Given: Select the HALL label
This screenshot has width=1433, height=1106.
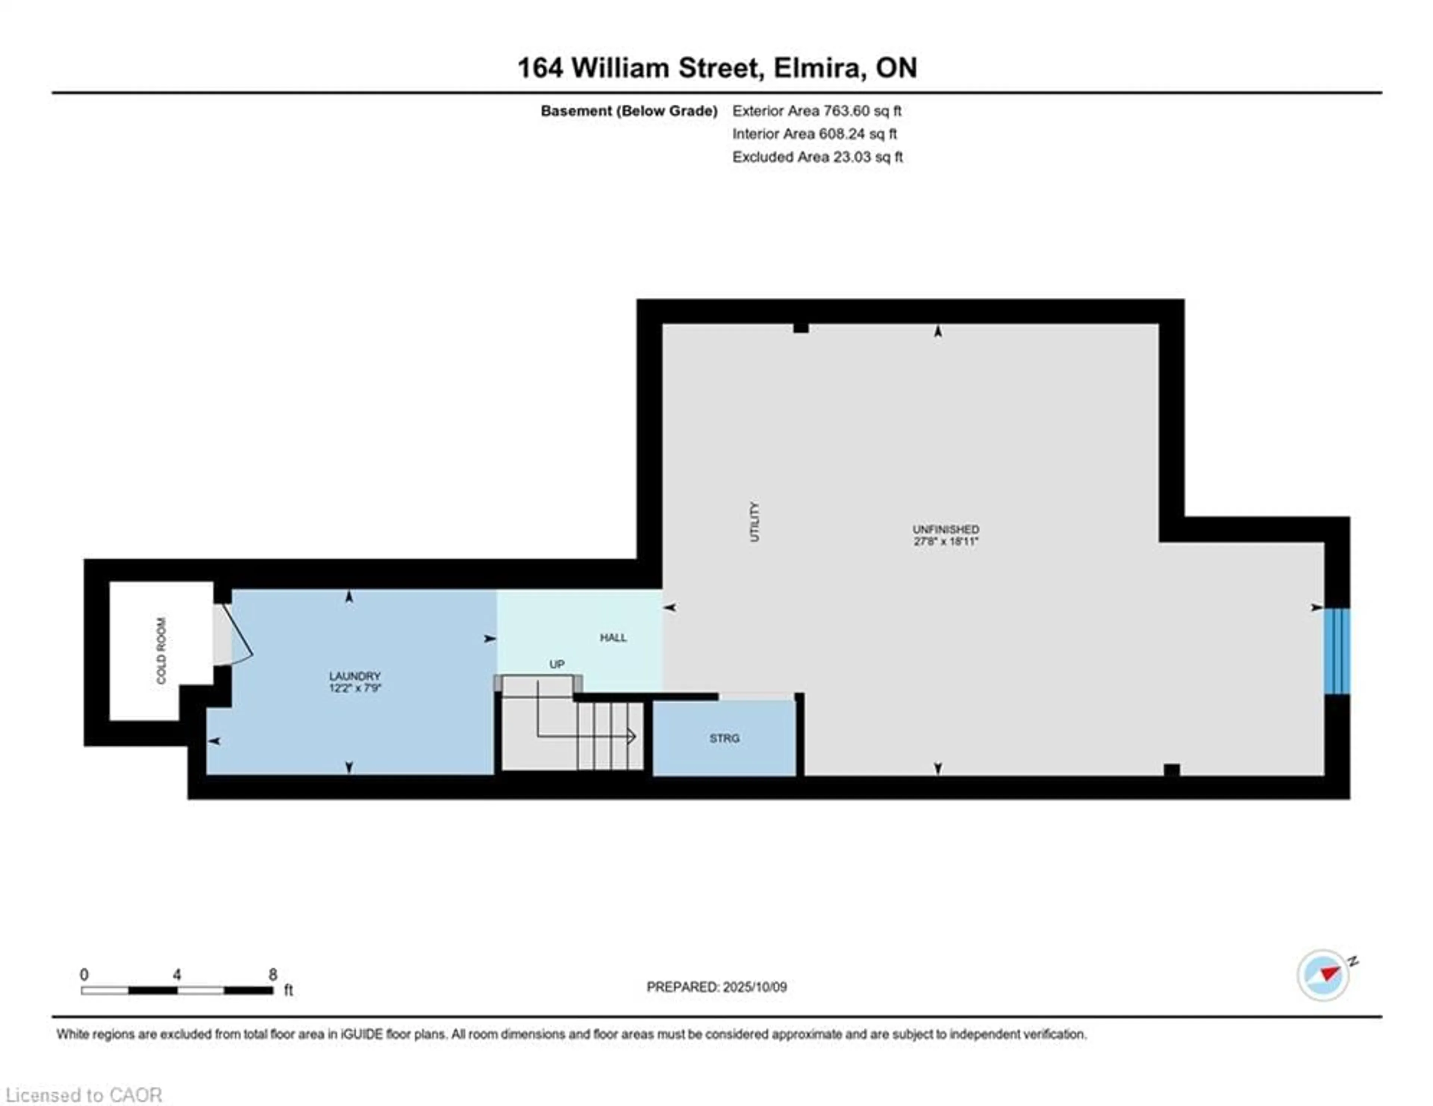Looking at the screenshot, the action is pyautogui.click(x=613, y=638).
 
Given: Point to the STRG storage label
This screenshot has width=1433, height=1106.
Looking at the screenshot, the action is pyautogui.click(x=724, y=739).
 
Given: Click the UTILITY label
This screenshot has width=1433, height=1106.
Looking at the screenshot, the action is pyautogui.click(x=755, y=522).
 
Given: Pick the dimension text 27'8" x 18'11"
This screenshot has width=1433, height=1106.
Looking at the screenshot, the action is pyautogui.click(x=946, y=541).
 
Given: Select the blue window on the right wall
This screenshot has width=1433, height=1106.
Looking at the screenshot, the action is pyautogui.click(x=1337, y=651).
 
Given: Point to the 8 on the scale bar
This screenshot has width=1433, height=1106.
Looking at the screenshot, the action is pyautogui.click(x=272, y=974).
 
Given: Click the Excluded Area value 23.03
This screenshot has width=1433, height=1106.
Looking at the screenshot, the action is pyautogui.click(x=850, y=157).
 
